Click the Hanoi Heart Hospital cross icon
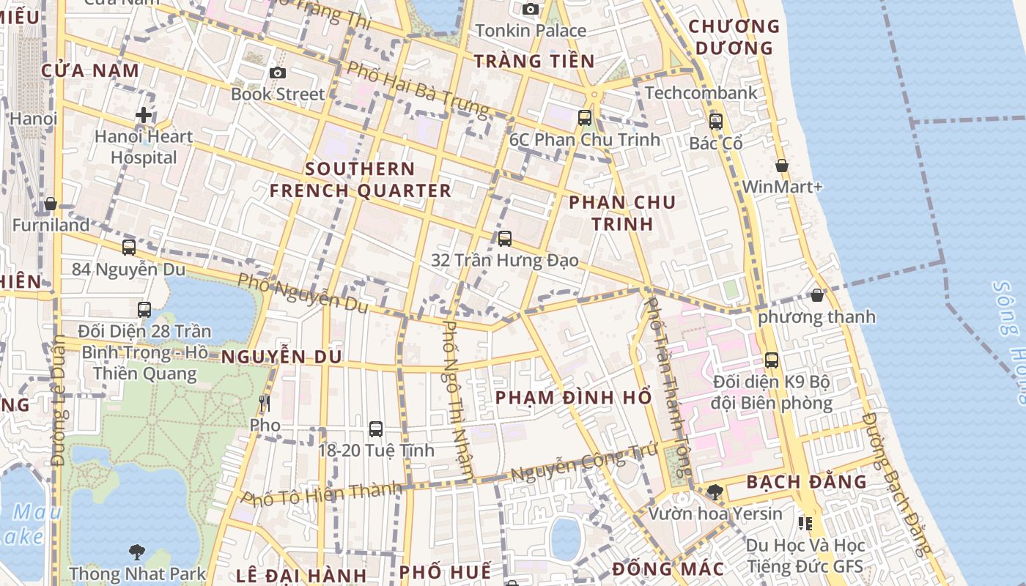[144, 115]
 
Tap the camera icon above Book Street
[277, 73]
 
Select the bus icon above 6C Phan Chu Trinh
[584, 117]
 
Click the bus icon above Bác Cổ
[715, 121]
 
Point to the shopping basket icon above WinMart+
[782, 166]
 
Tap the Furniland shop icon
[51, 204]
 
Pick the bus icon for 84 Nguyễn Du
[129, 248]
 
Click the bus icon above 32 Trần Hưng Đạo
[504, 238]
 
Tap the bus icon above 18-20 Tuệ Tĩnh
[376, 429]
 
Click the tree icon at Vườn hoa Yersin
[715, 492]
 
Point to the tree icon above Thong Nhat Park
[136, 552]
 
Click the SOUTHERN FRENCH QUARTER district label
[360, 179]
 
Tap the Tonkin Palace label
[531, 31]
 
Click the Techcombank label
[701, 93]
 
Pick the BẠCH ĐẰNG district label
[806, 482]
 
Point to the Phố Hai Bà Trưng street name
[417, 89]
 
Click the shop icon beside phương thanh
[817, 295]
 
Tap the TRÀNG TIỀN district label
[534, 61]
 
